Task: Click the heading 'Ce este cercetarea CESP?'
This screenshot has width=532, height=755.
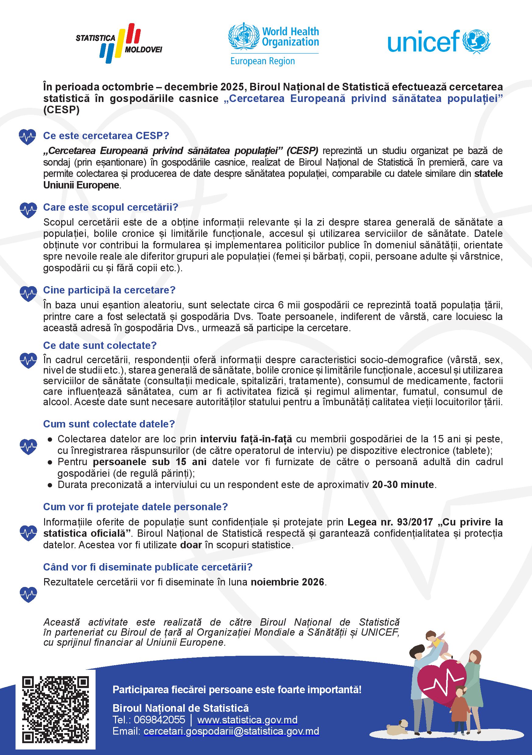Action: click(106, 136)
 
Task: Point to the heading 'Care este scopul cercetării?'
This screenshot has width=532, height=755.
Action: click(110, 207)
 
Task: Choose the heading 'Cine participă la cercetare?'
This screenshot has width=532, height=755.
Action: click(109, 290)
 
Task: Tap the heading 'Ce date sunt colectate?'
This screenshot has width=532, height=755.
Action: click(100, 345)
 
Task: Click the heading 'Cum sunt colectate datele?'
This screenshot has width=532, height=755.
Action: click(109, 424)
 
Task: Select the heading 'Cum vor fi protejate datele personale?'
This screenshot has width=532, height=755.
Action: click(135, 507)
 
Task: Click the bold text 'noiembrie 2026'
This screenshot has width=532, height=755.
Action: click(288, 582)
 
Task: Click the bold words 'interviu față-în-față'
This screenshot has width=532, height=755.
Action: click(246, 439)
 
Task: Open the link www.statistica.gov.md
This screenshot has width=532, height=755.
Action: click(247, 719)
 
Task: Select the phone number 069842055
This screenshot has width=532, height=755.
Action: click(159, 719)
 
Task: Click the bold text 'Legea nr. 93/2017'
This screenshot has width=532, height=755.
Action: click(390, 522)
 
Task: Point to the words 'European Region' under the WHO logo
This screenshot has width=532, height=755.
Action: click(262, 61)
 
